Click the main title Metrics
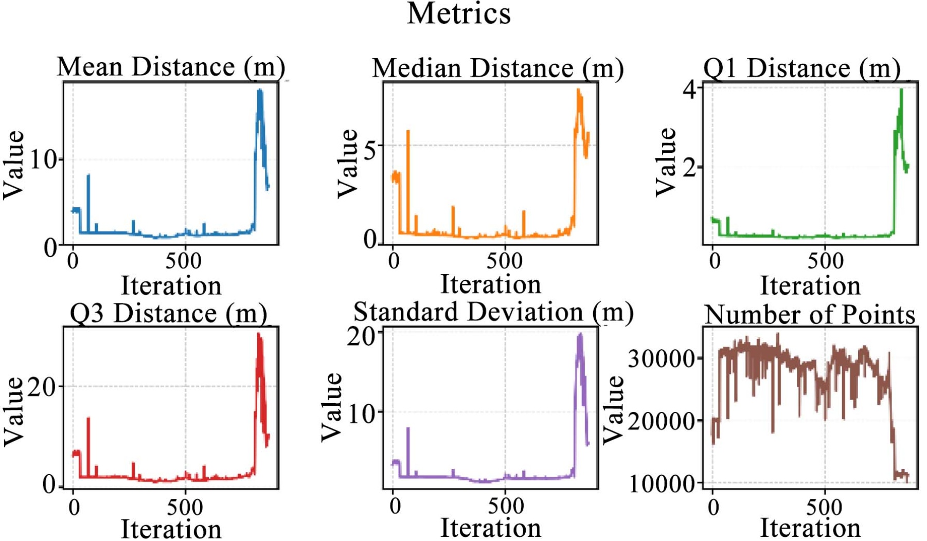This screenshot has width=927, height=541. point(459,14)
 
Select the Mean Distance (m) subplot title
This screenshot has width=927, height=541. point(171,67)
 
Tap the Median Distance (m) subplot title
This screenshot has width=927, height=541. point(497,68)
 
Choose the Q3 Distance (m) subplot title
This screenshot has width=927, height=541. point(168,314)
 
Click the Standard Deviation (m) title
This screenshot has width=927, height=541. point(493,312)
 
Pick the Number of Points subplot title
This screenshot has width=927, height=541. point(810,315)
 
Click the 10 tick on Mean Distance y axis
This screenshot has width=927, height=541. point(44,160)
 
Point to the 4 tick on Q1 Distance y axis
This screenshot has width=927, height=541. point(689,89)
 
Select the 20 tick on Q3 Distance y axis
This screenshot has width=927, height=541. point(42,387)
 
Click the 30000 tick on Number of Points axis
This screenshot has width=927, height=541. point(662,358)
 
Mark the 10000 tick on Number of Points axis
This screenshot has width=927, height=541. point(662,483)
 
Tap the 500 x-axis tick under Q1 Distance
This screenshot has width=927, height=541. point(825,261)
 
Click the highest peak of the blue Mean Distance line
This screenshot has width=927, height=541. point(260,91)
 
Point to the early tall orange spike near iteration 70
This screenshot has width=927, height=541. point(408,132)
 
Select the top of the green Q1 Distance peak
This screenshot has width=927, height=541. point(901,91)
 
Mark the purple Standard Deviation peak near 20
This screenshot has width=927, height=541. point(580,335)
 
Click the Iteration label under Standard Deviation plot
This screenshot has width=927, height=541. point(491,528)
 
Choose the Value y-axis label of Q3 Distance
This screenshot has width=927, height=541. point(14,411)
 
